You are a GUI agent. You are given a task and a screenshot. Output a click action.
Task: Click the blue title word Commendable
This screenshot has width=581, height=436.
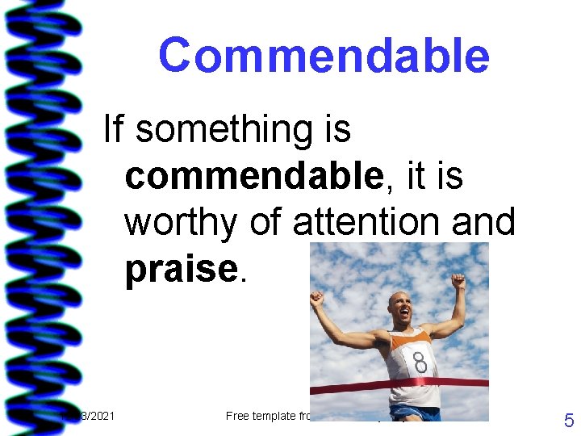coord(324,57)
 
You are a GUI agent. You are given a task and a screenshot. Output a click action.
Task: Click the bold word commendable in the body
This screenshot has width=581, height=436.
coord(252,176)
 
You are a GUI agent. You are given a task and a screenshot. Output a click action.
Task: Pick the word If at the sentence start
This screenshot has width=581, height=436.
coord(114,128)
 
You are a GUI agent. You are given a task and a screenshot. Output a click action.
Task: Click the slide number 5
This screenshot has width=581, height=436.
coord(568,420)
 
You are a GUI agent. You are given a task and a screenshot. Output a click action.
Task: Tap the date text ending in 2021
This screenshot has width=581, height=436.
coord(97,416)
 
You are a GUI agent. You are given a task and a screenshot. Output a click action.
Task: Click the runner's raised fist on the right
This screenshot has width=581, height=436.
coord(458,282)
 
